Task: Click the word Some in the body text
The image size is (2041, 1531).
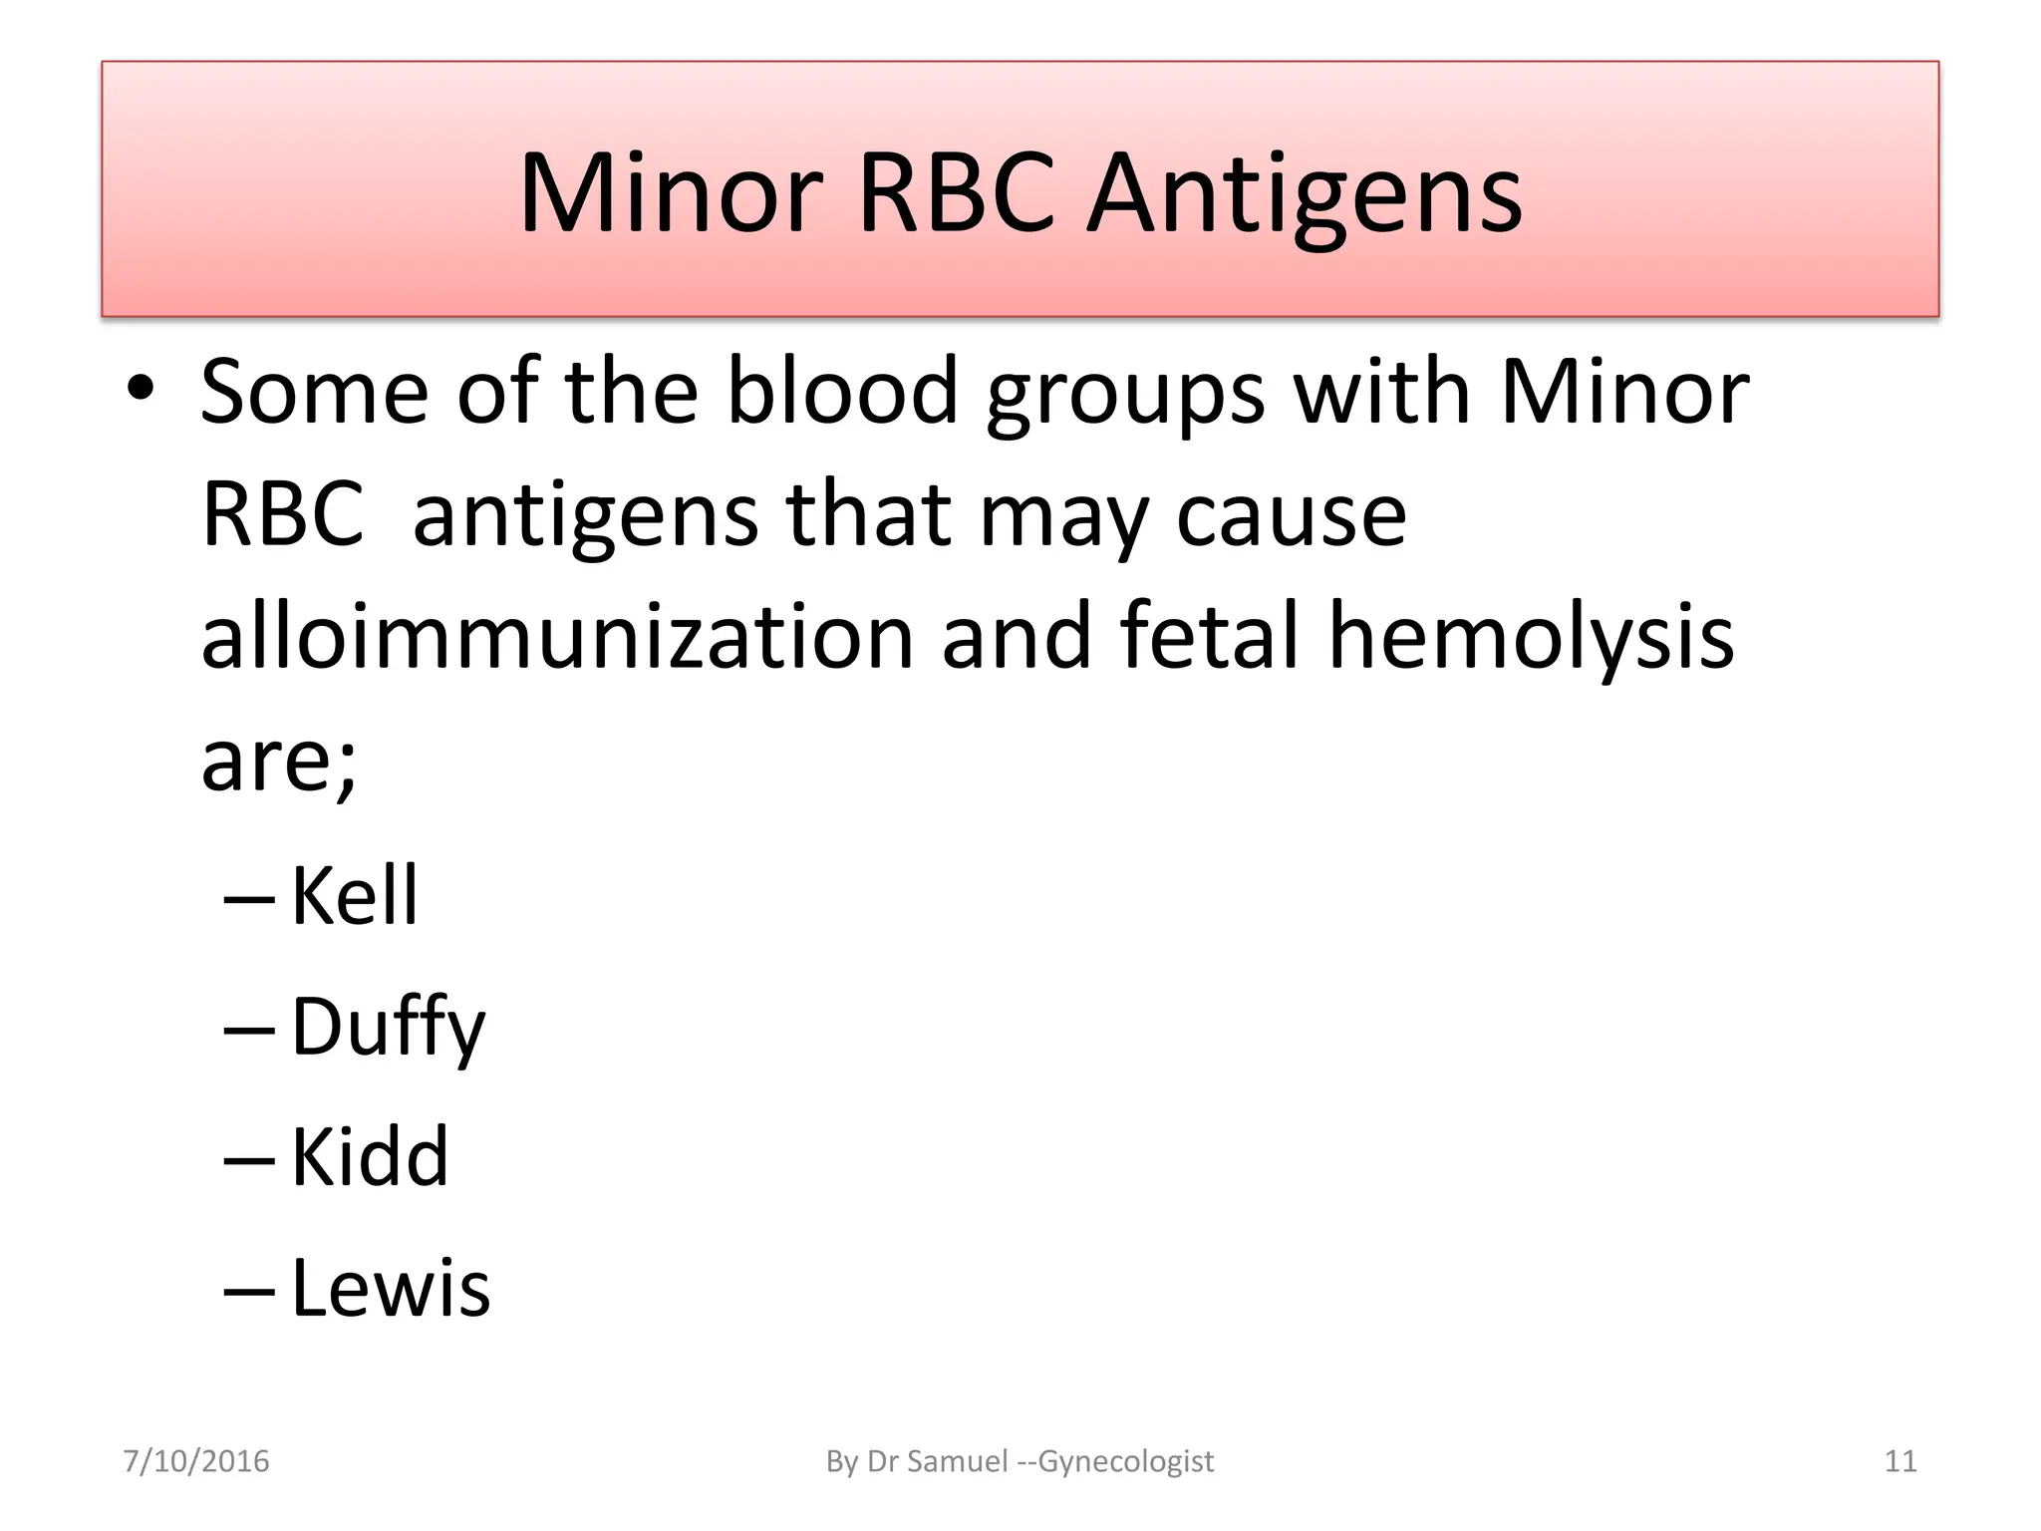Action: click(x=315, y=392)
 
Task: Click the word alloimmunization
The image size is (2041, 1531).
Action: click(x=557, y=637)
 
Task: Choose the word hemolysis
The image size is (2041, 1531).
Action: click(x=1531, y=639)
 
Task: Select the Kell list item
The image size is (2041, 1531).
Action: click(x=354, y=896)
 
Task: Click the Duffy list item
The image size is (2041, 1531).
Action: click(x=388, y=1028)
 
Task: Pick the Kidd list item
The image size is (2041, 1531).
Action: click(x=370, y=1157)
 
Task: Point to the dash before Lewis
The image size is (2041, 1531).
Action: click(x=249, y=1292)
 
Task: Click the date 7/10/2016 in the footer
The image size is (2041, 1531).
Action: click(x=196, y=1461)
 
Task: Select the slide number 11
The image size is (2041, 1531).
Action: click(x=1900, y=1461)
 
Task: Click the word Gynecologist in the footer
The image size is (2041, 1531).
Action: click(x=1125, y=1461)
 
